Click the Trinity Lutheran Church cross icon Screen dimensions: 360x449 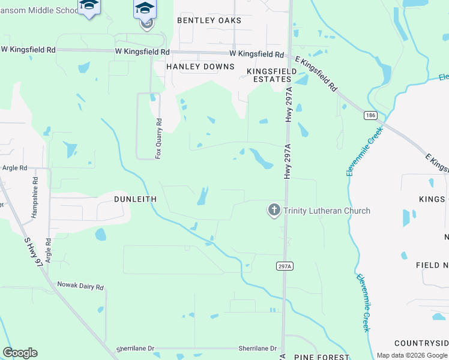[274, 210]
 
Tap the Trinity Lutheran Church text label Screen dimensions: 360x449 [327, 211]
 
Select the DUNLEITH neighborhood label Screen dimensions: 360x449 [136, 199]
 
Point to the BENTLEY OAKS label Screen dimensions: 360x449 [209, 20]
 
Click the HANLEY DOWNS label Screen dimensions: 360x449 [200, 67]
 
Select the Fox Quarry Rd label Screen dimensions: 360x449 [159, 137]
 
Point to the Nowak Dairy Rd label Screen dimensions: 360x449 [80, 286]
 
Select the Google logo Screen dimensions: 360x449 [20, 353]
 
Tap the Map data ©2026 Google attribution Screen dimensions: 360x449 [412, 355]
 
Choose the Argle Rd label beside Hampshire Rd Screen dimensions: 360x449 [47, 251]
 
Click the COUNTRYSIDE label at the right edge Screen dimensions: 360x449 [421, 343]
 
